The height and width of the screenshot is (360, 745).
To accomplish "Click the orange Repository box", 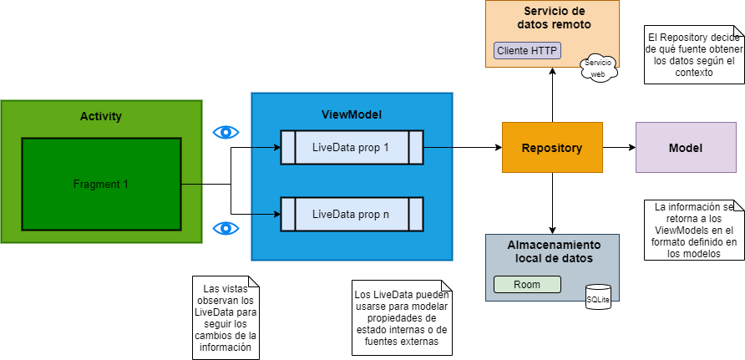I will coord(551,148).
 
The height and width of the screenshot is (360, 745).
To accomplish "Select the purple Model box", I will coord(685,148).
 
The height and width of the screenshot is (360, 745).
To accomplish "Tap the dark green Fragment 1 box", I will coord(101,184).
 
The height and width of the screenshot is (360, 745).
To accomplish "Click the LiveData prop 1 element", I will coord(351,147).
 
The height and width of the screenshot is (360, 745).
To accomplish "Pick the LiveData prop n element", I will coord(351,214).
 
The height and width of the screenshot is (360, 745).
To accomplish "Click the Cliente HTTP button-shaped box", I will coord(528,51).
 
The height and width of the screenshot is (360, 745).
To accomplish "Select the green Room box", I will coord(526,284).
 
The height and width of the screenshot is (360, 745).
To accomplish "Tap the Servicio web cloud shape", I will coord(598,68).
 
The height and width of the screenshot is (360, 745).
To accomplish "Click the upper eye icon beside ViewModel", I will coord(226,132).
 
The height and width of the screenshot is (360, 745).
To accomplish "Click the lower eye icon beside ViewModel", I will coord(226,228).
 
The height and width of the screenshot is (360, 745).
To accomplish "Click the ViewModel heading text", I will coord(351,114).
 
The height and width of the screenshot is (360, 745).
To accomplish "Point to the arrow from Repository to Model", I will coord(619,148).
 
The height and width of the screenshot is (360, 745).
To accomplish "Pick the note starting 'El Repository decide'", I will coord(693,54).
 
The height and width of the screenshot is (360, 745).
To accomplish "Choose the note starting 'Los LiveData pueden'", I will coord(401,318).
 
